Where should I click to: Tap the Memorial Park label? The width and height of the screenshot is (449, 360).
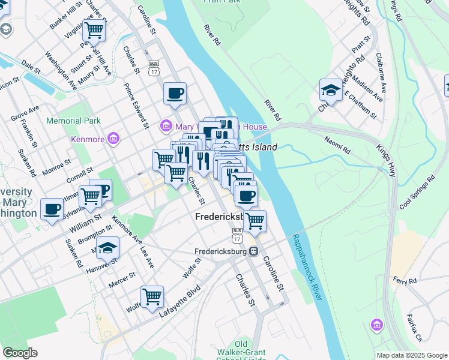(73, 121)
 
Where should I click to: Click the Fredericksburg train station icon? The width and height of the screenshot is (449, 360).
(255, 251)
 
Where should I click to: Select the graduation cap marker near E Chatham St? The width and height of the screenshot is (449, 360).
(331, 91)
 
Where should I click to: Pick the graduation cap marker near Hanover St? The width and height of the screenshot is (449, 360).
(107, 248)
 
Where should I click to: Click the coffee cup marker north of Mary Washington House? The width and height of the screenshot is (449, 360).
(175, 94)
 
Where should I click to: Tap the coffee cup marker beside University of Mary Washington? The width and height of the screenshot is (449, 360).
(52, 209)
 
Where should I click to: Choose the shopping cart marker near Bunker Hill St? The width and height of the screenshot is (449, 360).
(94, 29)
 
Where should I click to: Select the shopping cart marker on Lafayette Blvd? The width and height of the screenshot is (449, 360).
(152, 296)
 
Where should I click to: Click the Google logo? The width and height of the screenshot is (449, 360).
(20, 353)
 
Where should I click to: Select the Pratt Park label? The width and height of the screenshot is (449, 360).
(223, 2)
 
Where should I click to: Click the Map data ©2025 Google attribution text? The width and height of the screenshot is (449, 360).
(411, 355)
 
